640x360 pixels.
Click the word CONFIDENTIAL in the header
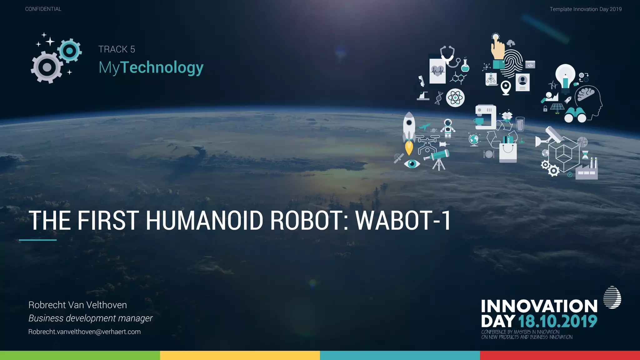[43, 9]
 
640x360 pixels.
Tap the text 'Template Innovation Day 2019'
[585, 9]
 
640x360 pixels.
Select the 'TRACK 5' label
[117, 49]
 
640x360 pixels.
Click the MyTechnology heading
[151, 67]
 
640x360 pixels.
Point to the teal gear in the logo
[70, 51]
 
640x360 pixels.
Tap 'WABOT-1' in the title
[403, 220]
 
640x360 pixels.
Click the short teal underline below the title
[37, 240]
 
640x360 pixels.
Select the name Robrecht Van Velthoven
[77, 305]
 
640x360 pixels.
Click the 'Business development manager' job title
[90, 318]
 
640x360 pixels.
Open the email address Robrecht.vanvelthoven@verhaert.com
[84, 332]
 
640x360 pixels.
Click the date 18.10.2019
[557, 321]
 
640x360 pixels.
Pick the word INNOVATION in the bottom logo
[539, 306]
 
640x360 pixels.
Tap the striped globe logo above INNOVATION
[612, 297]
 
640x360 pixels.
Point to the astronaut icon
[448, 128]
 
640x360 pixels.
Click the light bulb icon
[565, 77]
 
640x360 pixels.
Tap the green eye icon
[412, 163]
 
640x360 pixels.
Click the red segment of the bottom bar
[560, 355]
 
